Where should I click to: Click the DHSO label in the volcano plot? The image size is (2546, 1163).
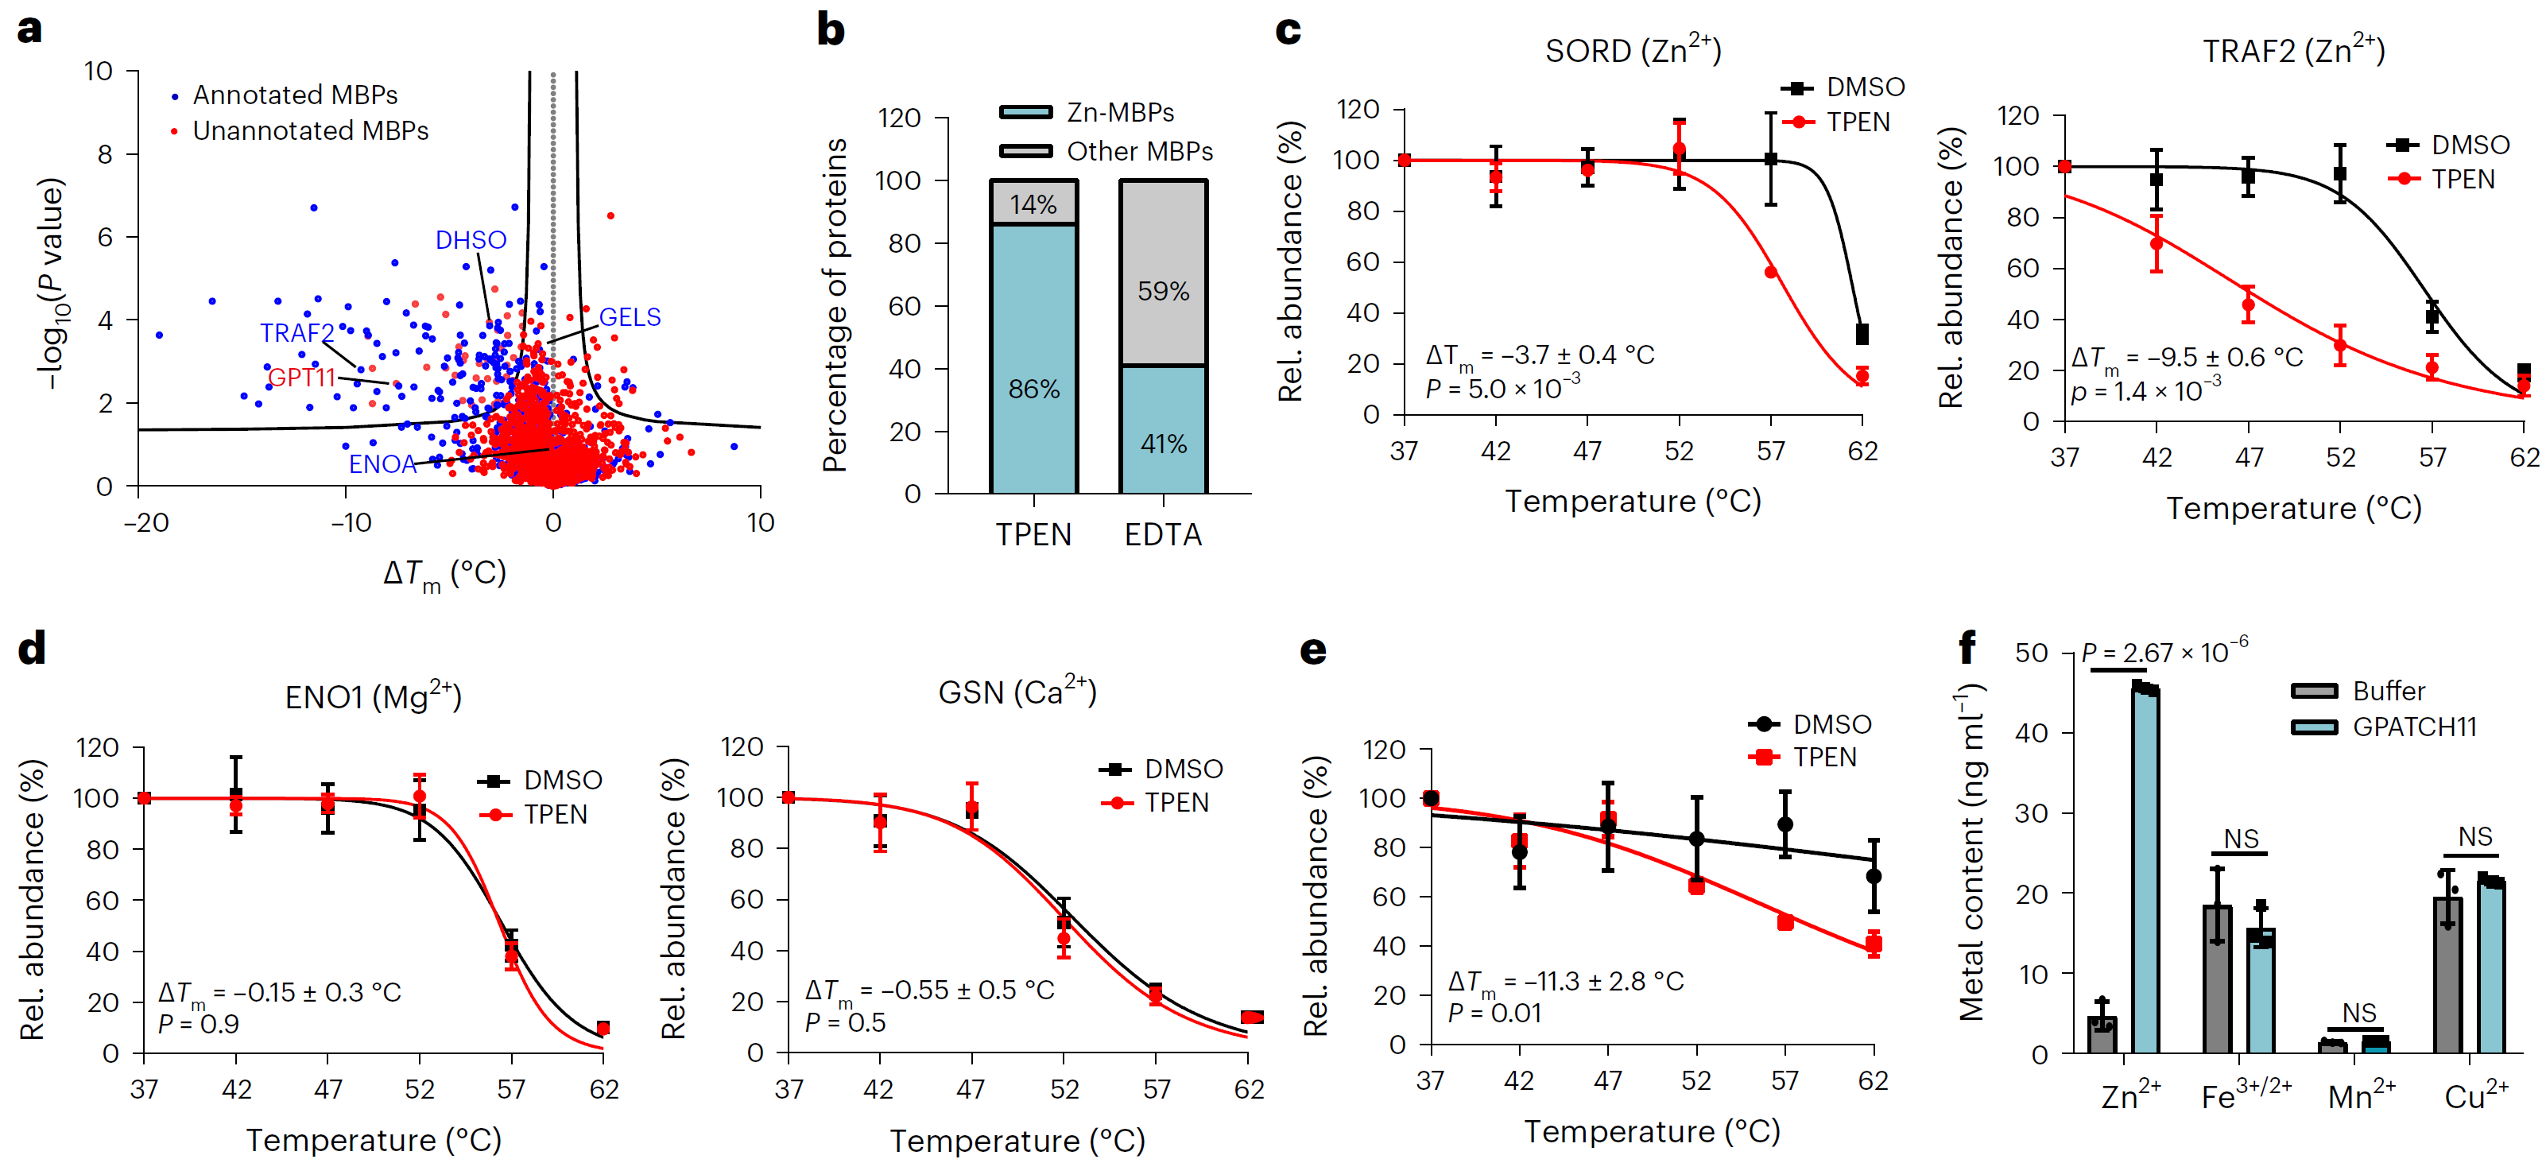point(471,240)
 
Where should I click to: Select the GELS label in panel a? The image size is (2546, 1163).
point(630,317)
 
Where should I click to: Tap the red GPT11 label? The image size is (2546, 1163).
point(301,378)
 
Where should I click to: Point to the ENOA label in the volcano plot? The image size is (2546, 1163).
point(382,463)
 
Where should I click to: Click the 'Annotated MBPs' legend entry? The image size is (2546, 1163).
point(295,95)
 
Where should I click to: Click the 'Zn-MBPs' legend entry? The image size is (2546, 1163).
point(1120,113)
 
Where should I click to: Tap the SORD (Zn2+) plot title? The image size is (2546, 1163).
point(1633,49)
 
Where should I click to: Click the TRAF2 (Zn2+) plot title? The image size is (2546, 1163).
point(2293,49)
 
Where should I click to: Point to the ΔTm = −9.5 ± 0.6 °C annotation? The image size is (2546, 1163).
point(2186,357)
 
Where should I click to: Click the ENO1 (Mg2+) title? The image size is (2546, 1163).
point(373,696)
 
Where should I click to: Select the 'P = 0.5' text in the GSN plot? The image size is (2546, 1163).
point(845,1022)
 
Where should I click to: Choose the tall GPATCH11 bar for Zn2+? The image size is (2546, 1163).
point(2145,870)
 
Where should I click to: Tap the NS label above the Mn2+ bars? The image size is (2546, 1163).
point(2359,1013)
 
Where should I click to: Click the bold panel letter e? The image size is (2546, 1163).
point(1312,650)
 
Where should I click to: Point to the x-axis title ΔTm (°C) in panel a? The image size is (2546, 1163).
point(445,573)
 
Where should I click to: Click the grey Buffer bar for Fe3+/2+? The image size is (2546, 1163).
point(2217,979)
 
